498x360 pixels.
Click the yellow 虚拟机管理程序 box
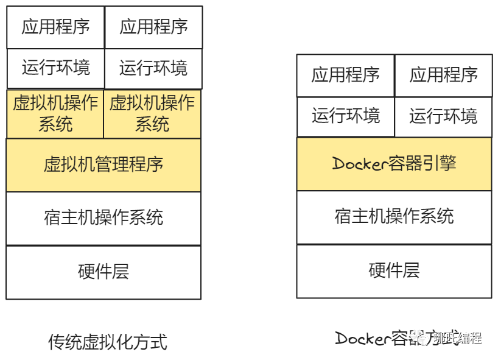103,164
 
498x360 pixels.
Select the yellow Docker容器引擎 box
394,163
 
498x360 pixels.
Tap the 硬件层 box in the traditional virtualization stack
103,272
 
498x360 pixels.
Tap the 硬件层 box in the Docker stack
394,270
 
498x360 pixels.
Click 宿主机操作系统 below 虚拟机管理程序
103,218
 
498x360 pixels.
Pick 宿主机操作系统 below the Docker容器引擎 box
394,217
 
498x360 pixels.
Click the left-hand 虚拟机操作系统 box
55,114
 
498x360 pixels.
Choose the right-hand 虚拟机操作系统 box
152,114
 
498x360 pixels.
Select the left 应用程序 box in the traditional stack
55,27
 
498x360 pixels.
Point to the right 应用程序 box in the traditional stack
153,27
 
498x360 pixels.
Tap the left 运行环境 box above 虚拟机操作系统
55,68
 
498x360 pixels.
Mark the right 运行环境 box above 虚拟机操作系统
153,68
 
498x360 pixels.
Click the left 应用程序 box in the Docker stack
345,75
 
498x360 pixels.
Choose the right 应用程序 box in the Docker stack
443,75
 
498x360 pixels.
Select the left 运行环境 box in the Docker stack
345,116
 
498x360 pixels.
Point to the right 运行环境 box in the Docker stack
443,116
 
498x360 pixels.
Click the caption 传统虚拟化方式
107,342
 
